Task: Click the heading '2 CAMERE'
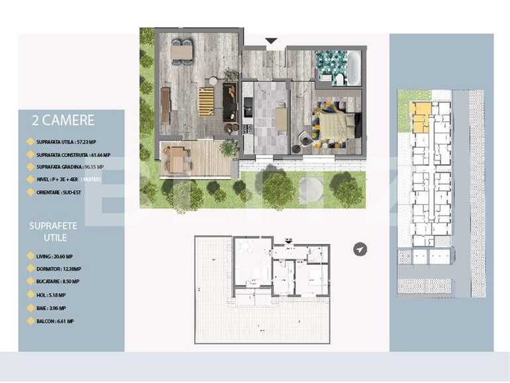(63, 121)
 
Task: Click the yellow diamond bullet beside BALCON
(30, 321)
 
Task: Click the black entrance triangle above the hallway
(271, 41)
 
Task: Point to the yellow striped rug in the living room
(206, 101)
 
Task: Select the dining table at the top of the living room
(181, 51)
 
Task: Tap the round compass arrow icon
(360, 249)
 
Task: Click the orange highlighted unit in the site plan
(419, 115)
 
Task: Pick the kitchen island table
(281, 119)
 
